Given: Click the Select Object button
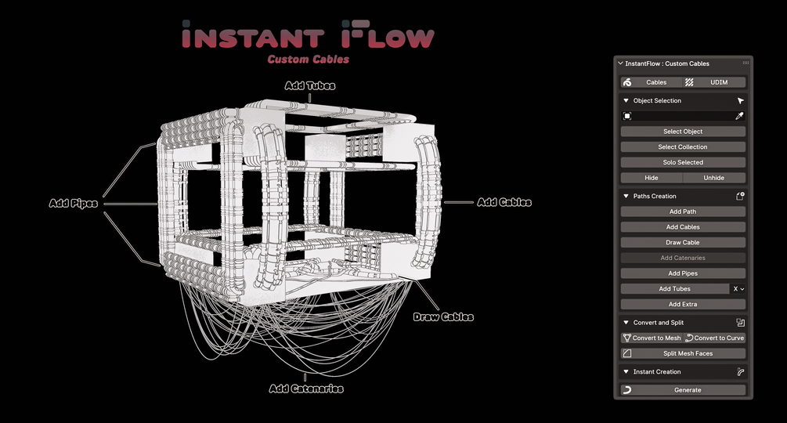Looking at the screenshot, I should (683, 132).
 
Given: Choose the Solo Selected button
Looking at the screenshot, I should (683, 162).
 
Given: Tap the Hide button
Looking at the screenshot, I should (651, 178).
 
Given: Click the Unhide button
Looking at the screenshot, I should (713, 178).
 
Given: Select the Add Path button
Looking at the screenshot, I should (683, 211).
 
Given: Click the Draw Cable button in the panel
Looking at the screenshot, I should (683, 243).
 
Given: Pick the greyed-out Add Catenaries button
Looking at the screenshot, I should (683, 258).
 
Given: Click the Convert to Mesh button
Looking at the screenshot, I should (652, 338).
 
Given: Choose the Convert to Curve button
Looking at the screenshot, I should (714, 338).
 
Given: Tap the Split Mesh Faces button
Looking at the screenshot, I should (683, 353).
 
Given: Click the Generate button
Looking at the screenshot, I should (683, 390).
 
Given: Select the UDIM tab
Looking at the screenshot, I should (718, 82).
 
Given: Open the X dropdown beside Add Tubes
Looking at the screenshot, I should (738, 289).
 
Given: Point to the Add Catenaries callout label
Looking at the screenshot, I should (306, 389).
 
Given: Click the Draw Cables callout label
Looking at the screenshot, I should (443, 317).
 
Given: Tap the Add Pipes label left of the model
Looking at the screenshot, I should (74, 204).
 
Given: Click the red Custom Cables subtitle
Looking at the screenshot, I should (309, 59).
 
